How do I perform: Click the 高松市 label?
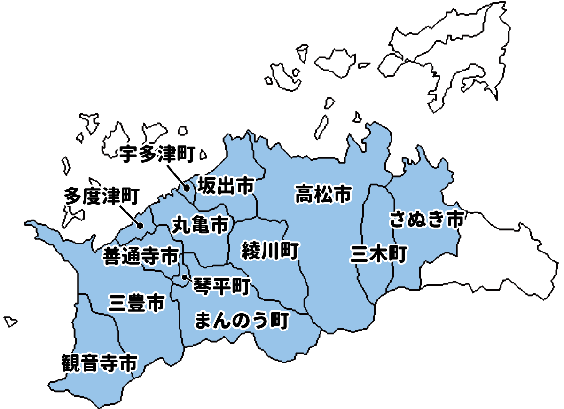[x=323, y=194]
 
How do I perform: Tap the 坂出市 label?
[x=226, y=186]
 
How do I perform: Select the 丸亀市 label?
[x=200, y=225]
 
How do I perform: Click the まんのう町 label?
[x=241, y=322]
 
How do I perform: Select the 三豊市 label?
[x=136, y=303]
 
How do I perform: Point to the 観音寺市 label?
[x=100, y=363]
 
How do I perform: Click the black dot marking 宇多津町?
[x=187, y=189]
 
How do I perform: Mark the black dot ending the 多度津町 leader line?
[x=140, y=226]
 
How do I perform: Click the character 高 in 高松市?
[x=305, y=194]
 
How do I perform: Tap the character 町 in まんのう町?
[x=278, y=322]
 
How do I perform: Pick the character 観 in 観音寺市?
[x=71, y=363]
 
